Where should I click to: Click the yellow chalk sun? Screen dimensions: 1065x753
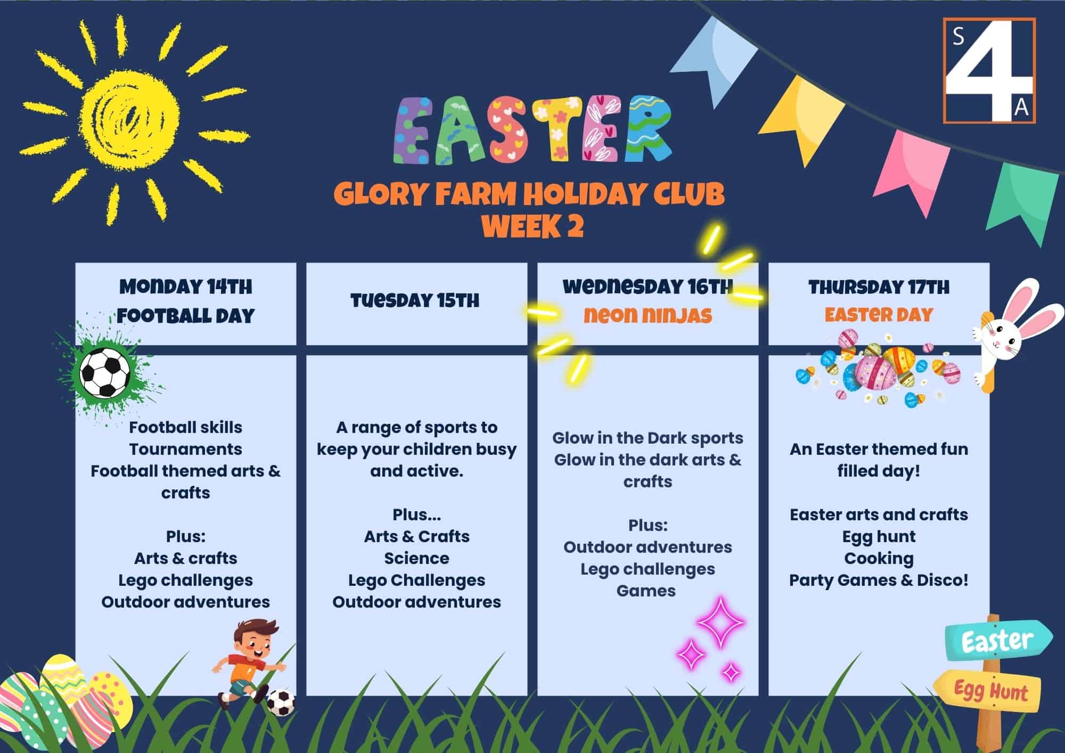(x=131, y=116)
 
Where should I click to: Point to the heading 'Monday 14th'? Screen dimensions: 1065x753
(x=186, y=287)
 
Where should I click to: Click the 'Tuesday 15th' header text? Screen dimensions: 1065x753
(x=415, y=300)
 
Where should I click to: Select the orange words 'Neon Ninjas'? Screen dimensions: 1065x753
(x=648, y=315)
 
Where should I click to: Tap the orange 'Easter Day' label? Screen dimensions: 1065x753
(x=879, y=315)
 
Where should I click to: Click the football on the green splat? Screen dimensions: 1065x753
(x=105, y=372)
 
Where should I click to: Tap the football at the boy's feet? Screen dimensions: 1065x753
(x=281, y=702)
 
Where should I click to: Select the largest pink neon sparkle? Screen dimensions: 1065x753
(x=720, y=623)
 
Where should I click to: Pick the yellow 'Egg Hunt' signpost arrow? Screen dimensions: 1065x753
(x=988, y=691)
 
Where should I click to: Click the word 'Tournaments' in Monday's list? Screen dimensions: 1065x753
(x=186, y=449)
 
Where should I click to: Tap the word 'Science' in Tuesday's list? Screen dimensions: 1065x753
(x=416, y=558)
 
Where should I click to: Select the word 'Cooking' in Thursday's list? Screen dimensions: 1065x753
(x=879, y=559)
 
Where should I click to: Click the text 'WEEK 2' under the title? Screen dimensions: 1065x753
(x=532, y=226)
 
